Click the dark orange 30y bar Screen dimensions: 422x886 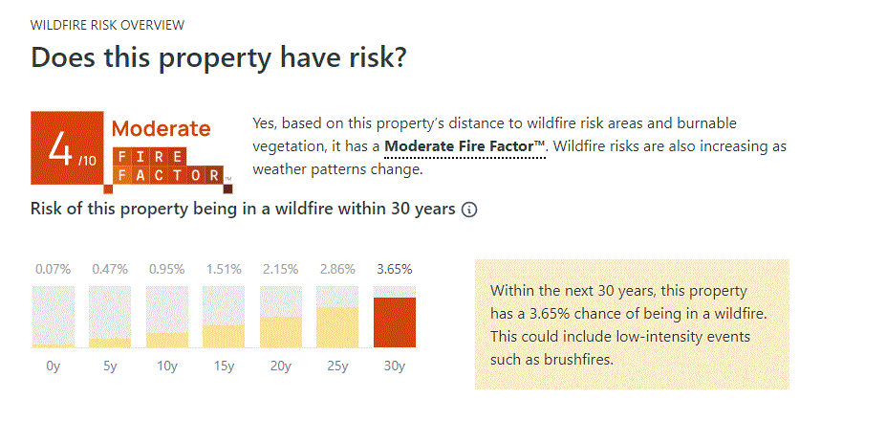pyautogui.click(x=395, y=322)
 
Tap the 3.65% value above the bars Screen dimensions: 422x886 pyautogui.click(x=395, y=269)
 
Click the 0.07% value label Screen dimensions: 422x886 pyautogui.click(x=54, y=269)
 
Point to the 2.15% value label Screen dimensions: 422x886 pyautogui.click(x=281, y=269)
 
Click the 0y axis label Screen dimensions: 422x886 pyautogui.click(x=54, y=365)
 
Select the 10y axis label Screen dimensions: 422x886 pyautogui.click(x=167, y=365)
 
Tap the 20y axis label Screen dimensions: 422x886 pyautogui.click(x=281, y=365)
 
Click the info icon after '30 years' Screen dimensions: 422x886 pyautogui.click(x=469, y=210)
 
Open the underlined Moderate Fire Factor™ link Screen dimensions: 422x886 pyautogui.click(x=465, y=146)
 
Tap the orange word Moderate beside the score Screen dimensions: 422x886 pyautogui.click(x=162, y=128)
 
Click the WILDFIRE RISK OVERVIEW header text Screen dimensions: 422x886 pyautogui.click(x=108, y=25)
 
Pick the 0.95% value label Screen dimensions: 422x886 pyautogui.click(x=167, y=269)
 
